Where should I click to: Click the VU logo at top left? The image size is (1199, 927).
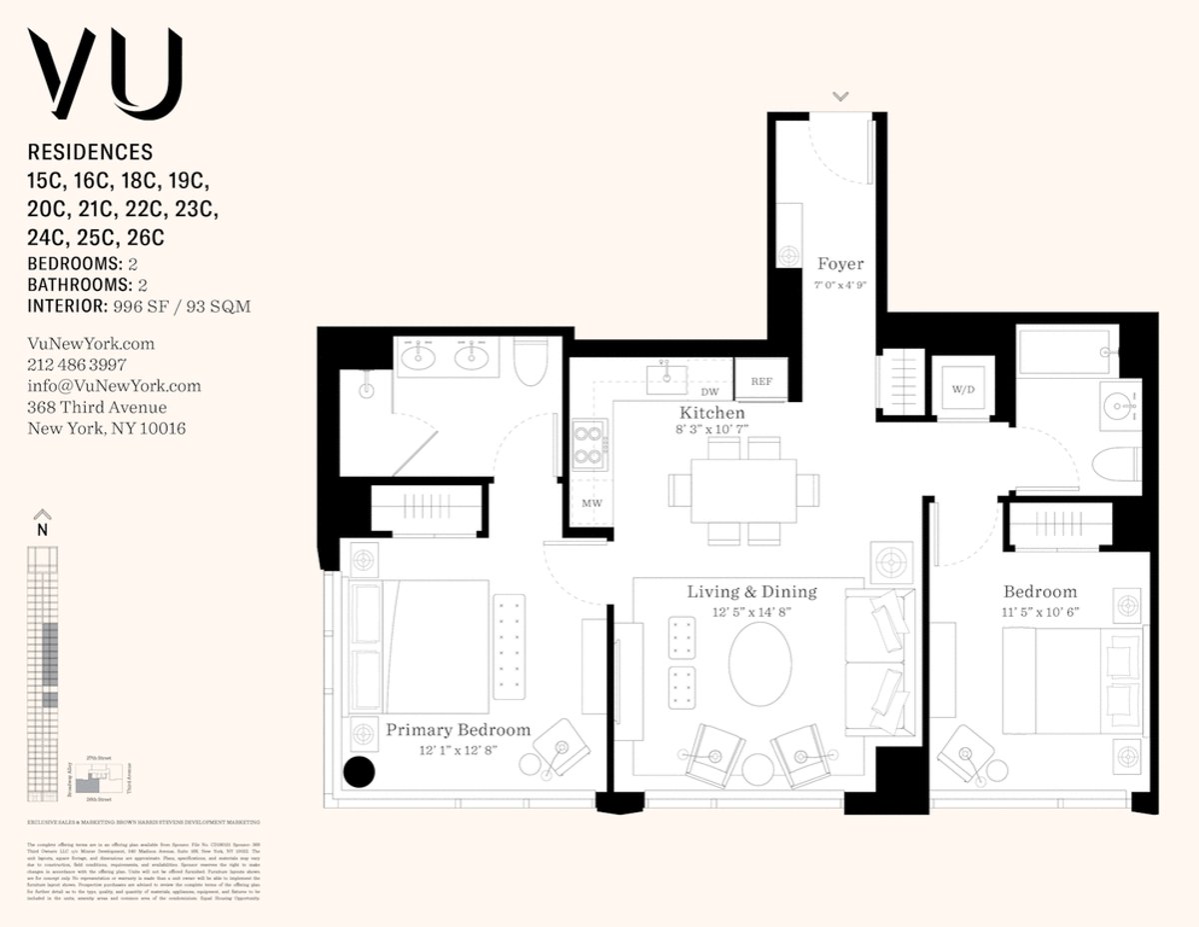105,75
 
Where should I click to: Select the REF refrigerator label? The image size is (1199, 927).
760,381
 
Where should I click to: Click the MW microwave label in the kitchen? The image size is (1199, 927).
592,503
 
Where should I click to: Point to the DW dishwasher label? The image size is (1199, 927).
710,393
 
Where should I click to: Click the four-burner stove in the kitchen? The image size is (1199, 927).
590,445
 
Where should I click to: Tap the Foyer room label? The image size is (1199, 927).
840,264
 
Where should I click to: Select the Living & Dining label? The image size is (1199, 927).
751,592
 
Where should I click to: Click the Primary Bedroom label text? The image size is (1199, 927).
458,729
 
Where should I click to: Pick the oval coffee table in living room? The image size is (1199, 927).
760,664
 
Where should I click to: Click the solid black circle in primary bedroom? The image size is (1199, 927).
359,771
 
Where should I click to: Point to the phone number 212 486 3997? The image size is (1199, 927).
76,365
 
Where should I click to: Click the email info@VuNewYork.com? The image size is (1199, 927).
114,386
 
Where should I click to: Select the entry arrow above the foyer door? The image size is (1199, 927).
840,96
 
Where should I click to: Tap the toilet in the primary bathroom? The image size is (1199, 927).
530,365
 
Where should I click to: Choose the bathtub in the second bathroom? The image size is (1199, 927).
1063,352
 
